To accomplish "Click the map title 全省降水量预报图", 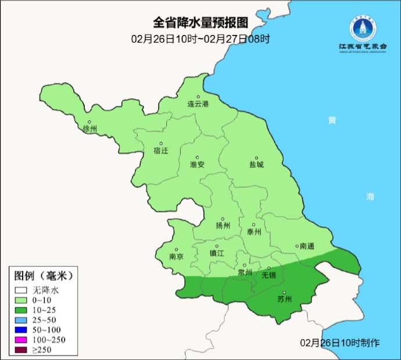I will click(x=201, y=23).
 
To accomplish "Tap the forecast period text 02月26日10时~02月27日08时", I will click(x=201, y=39).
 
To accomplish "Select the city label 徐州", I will click(x=90, y=129).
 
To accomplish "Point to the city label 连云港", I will click(x=198, y=104).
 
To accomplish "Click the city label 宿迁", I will click(x=160, y=151).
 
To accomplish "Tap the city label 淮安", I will click(x=197, y=165).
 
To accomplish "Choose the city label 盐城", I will click(x=256, y=165).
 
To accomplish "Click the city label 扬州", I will click(x=223, y=226).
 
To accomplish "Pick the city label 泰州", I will click(x=254, y=231).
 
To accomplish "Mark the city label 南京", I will click(x=176, y=256).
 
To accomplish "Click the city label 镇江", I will click(x=217, y=253).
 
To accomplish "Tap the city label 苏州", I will click(x=284, y=300).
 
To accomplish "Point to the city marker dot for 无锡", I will click(x=268, y=268).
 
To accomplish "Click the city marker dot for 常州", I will click(x=245, y=265).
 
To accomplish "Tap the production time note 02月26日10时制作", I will click(x=340, y=343).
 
